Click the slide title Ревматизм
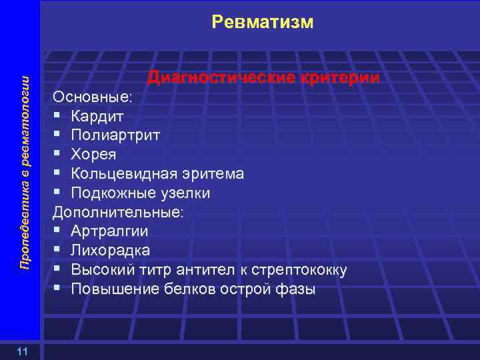(x=262, y=22)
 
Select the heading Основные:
(x=93, y=97)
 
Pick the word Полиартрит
(x=115, y=135)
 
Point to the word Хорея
(x=93, y=155)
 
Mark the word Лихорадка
(x=110, y=251)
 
